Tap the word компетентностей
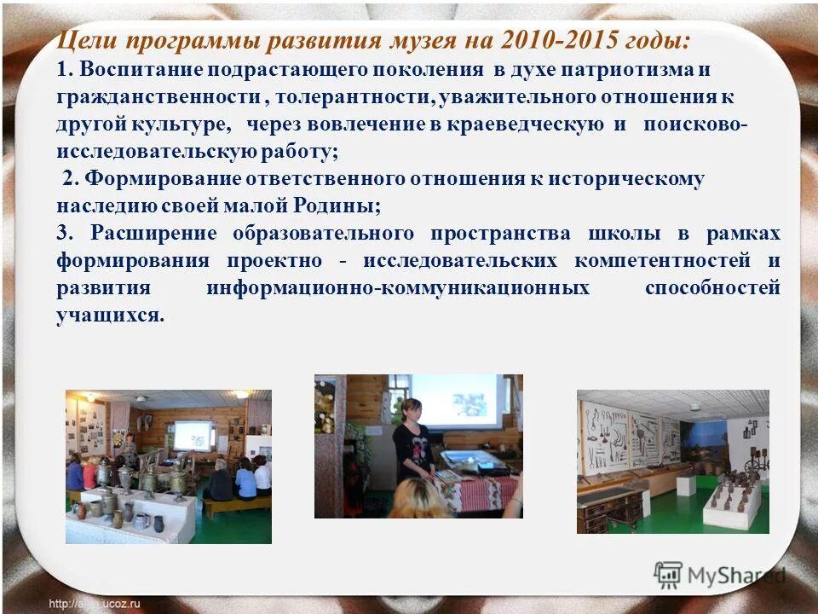663,260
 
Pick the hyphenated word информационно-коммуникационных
398,287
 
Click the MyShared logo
720,576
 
